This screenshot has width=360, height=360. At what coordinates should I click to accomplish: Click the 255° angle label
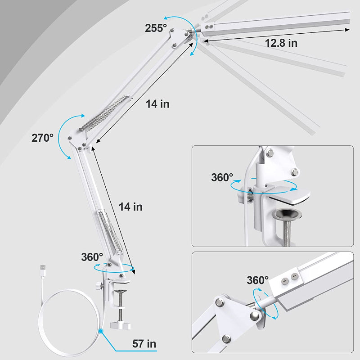[156, 27]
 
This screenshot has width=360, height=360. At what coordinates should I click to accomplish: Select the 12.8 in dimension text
[281, 43]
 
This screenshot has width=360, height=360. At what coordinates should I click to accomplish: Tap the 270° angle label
[42, 138]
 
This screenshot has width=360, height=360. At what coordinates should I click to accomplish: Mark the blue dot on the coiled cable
[102, 331]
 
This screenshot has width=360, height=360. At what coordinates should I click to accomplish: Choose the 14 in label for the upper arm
[157, 104]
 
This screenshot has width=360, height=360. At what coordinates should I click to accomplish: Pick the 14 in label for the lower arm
[130, 207]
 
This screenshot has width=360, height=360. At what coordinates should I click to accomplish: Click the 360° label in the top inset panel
[222, 177]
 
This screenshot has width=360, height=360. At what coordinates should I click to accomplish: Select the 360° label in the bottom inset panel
[258, 280]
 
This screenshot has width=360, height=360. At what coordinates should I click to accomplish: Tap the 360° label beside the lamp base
[92, 257]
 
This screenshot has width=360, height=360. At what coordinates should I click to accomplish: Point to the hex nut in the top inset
[295, 171]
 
